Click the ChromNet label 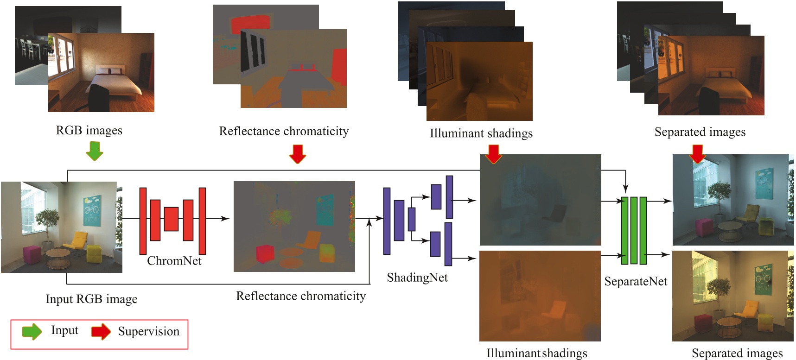pos(174,261)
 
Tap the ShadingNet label pos(417,278)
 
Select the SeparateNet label pos(636,281)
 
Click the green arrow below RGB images pos(95,151)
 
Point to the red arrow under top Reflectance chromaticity pos(297,154)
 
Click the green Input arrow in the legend pos(32,332)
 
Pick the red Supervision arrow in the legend pos(101,332)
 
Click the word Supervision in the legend pos(148,331)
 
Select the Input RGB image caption pos(91,299)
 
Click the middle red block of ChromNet pos(171,219)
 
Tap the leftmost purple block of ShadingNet pos(387,221)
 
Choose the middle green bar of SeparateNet pos(634,230)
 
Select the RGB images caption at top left pos(89,130)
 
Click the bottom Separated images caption pos(737,354)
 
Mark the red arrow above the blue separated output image pos(697,154)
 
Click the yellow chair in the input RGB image pos(77,241)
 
